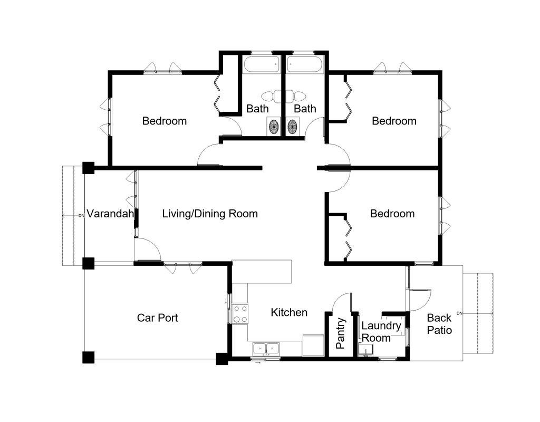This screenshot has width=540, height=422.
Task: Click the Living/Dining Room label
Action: [x=209, y=214]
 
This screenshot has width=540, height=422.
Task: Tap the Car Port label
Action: [x=157, y=318]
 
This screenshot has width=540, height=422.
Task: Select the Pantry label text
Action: [x=341, y=333]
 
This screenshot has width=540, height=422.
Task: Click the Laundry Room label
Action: [x=381, y=332]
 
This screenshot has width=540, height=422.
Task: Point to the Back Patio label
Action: [x=439, y=323]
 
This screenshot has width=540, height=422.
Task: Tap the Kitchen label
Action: [x=289, y=312]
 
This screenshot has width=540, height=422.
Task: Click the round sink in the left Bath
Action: [x=274, y=127]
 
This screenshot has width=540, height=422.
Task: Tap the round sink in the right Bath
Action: [x=292, y=127]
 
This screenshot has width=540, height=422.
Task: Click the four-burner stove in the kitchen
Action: [x=240, y=313]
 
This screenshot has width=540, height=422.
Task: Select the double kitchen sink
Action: [x=267, y=348]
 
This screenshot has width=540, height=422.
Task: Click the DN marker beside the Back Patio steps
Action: [x=459, y=314]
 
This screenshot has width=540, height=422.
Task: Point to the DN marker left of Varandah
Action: [x=81, y=216]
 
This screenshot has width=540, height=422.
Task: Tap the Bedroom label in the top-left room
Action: [x=165, y=121]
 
